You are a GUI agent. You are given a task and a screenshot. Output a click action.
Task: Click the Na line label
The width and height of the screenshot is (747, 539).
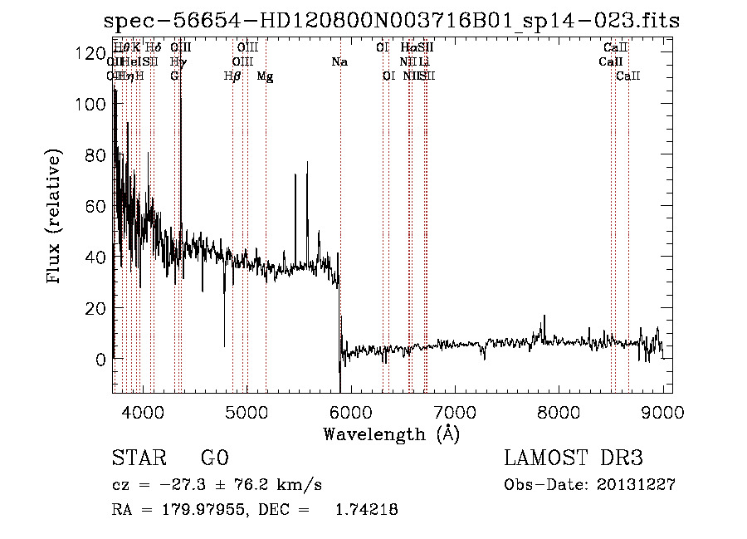click(339, 61)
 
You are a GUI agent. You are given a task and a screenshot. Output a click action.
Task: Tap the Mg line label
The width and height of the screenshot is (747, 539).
click(265, 76)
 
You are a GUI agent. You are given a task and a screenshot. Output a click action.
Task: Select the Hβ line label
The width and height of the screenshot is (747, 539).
click(232, 76)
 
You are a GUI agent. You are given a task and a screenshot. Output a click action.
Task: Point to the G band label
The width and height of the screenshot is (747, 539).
click(174, 76)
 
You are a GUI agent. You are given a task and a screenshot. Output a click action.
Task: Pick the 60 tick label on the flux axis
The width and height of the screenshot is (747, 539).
click(92, 207)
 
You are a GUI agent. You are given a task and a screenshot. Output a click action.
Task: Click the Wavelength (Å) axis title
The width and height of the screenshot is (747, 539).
click(390, 434)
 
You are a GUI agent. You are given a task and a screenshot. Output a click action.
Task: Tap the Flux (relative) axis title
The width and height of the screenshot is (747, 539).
click(55, 218)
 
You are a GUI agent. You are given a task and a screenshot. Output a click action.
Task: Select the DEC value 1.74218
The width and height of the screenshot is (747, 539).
click(365, 511)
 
